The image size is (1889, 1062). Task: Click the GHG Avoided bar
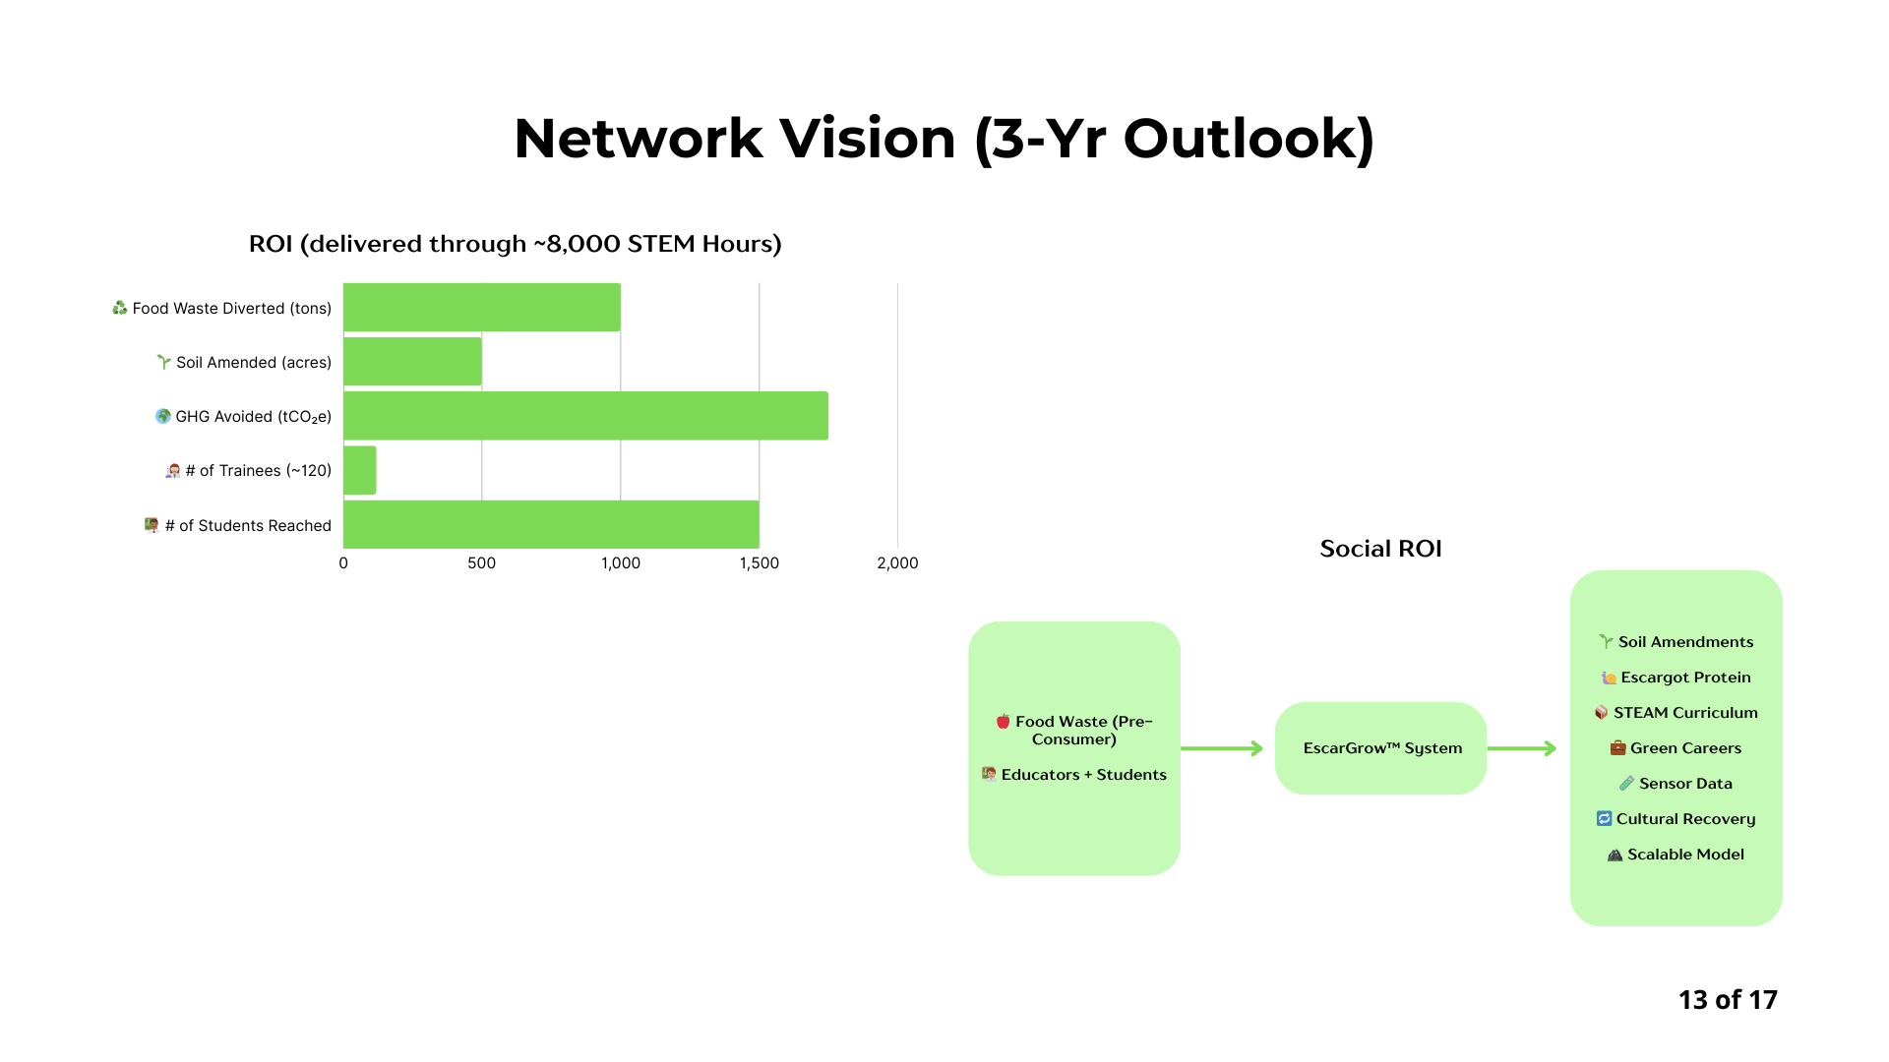coord(585,416)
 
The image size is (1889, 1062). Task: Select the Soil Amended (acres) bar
coord(412,362)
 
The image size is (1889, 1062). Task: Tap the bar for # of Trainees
coord(360,470)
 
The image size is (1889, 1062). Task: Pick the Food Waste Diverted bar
coord(482,308)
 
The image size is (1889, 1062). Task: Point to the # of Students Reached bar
coord(551,524)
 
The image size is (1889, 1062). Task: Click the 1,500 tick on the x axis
coord(759,563)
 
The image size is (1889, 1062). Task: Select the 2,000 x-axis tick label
coord(897,563)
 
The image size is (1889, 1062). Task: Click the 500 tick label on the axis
coord(481,563)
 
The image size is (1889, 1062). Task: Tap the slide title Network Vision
coord(944,138)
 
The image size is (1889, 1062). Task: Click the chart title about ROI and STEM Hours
coord(515,244)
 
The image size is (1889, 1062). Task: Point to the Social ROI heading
coord(1380,549)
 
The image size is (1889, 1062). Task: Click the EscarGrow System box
coord(1380,748)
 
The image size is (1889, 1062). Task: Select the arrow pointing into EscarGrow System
coord(1222,748)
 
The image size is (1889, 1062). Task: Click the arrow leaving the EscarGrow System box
coord(1522,748)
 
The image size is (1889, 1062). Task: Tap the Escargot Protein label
coord(1685,678)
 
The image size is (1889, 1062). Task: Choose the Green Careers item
coord(1685,748)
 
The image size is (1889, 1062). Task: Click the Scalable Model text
coord(1685,855)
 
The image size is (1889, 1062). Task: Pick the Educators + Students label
coord(1083,775)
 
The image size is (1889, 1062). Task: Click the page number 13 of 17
coord(1728,1000)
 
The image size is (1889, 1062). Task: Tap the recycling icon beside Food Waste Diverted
coord(120,308)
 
